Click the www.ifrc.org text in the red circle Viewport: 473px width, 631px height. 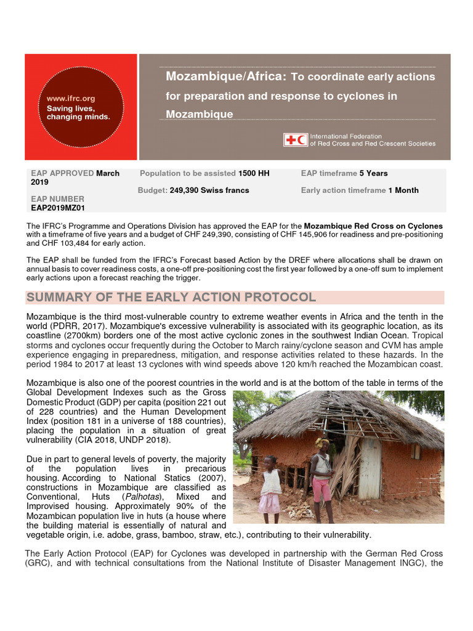coord(68,98)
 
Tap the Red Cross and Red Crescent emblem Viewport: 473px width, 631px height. coord(296,140)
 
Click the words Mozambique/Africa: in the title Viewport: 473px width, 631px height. coord(225,76)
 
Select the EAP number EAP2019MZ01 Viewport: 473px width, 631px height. coord(57,208)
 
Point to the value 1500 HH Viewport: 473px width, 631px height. coord(254,174)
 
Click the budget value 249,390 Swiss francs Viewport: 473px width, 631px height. coord(209,190)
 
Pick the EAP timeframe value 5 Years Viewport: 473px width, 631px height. coord(374,174)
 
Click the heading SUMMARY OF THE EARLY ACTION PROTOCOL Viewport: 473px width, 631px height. coord(171,298)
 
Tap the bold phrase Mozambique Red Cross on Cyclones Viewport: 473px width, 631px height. coord(373,226)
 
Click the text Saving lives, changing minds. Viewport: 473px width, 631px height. coord(75,112)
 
